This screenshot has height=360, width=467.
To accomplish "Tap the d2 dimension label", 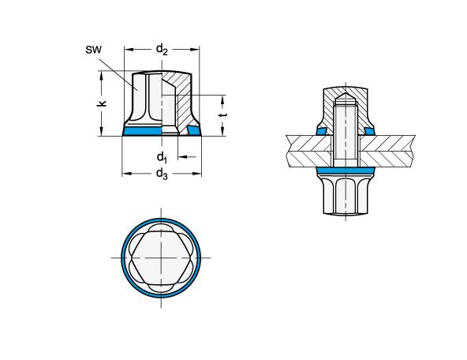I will click(161, 49).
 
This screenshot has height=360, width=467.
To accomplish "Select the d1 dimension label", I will click(160, 156).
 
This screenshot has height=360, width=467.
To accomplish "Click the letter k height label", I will click(103, 103).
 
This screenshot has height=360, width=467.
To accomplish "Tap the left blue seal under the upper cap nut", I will click(321, 131).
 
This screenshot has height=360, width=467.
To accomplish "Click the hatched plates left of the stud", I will click(308, 150).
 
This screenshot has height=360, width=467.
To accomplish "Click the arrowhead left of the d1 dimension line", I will click(177, 157).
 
